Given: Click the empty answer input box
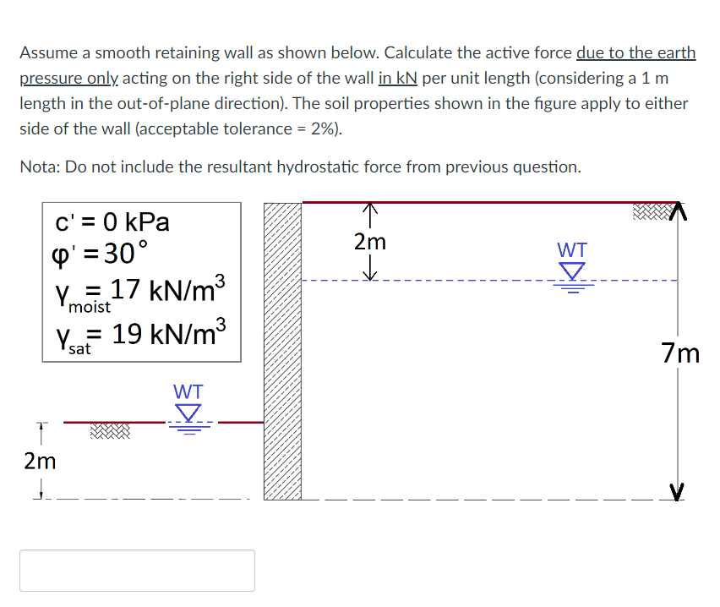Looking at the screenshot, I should [x=137, y=571].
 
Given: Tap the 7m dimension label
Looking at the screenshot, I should [x=680, y=353].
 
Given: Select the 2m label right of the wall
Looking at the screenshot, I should [x=370, y=242].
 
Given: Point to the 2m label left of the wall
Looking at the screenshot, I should [x=41, y=461].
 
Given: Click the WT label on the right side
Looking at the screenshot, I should [x=572, y=250].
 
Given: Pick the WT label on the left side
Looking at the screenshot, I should [x=188, y=392].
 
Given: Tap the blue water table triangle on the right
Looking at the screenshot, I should [x=573, y=271].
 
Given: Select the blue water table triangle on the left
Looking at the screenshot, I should [x=188, y=413].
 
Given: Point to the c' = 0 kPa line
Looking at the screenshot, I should [x=112, y=222].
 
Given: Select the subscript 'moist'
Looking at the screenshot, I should [x=90, y=306].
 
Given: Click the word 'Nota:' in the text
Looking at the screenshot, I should [x=40, y=167].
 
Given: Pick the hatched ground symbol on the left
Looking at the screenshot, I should [x=110, y=432].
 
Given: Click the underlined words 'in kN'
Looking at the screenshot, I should [x=398, y=79].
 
